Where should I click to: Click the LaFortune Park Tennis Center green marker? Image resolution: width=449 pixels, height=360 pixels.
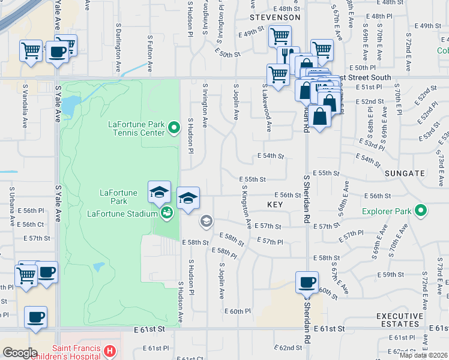click(x=174, y=127)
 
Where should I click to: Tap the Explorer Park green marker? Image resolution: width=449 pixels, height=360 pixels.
click(x=421, y=211)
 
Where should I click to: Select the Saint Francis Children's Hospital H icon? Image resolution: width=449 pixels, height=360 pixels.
click(x=109, y=350)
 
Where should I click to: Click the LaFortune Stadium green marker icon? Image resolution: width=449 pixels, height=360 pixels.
click(x=166, y=212)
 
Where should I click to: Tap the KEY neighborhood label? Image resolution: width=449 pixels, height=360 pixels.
click(x=275, y=205)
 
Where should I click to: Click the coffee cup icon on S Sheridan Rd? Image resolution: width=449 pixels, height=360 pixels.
click(x=307, y=282)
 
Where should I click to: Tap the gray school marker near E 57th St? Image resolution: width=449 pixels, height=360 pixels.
click(x=206, y=222)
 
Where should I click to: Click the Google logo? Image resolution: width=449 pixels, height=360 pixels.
click(x=20, y=353)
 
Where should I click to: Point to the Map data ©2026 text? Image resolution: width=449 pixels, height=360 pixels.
click(x=423, y=355)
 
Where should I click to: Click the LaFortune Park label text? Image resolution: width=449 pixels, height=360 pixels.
click(x=118, y=196)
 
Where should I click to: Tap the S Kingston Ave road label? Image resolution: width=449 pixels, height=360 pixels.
click(x=246, y=207)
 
